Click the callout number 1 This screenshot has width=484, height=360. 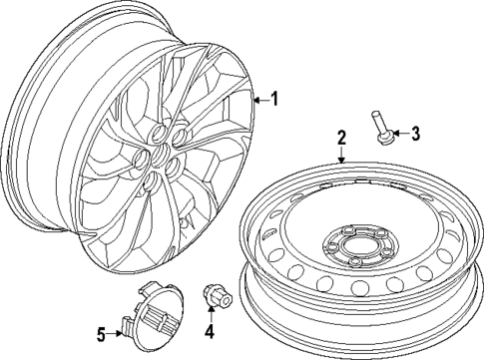point(276,98)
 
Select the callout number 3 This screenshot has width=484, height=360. point(417,133)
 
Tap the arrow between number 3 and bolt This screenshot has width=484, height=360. point(400,133)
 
